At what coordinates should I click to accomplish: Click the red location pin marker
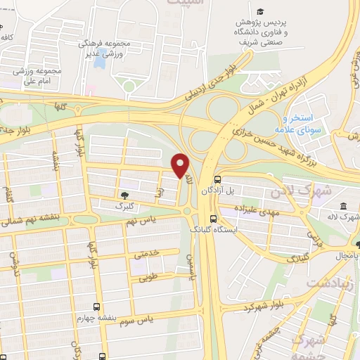[181, 165]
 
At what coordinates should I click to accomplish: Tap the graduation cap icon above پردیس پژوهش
[259, 12]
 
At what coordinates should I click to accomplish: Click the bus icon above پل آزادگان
[217, 179]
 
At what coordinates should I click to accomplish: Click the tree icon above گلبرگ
[124, 195]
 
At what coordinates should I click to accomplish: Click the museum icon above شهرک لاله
[343, 206]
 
